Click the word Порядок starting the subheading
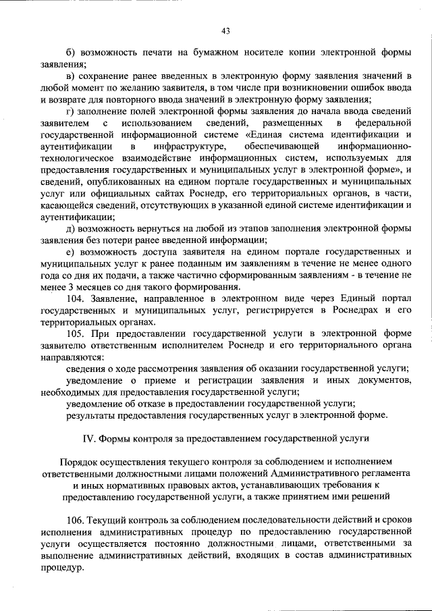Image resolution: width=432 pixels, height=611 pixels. click(80, 462)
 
